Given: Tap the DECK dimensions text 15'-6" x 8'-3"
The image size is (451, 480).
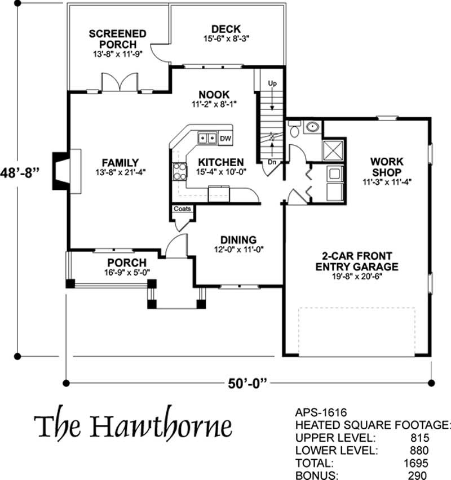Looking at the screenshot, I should click(226, 39).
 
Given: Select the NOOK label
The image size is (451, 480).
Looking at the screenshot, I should click(214, 94).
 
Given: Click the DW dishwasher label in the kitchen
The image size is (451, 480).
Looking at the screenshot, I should click(225, 138).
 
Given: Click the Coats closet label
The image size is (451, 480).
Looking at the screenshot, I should click(182, 209).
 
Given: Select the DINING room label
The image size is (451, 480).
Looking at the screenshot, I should click(238, 239).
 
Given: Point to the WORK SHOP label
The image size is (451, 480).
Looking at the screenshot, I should click(387, 167).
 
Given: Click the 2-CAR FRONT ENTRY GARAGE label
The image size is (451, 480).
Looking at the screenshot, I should click(357, 261).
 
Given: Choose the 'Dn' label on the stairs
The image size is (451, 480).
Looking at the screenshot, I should click(273, 162).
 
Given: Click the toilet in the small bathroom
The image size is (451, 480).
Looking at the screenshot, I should click(294, 130).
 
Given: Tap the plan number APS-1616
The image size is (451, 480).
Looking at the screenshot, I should click(321, 413).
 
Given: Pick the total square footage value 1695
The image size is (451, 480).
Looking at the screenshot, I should click(416, 463).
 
